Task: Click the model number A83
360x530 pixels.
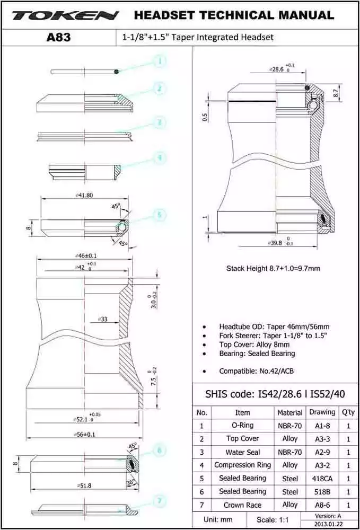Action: click(x=59, y=37)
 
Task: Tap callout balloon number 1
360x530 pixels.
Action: click(x=159, y=61)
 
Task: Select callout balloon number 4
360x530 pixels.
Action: click(x=159, y=157)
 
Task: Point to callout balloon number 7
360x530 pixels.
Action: click(x=159, y=500)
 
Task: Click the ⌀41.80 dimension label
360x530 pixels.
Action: click(x=84, y=195)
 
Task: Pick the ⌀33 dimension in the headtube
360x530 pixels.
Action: click(x=103, y=319)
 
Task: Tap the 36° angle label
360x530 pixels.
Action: click(x=130, y=483)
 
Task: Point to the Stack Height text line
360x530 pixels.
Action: click(x=273, y=268)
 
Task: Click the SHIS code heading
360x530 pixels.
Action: click(x=276, y=394)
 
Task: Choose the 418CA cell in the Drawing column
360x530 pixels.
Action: click(x=322, y=478)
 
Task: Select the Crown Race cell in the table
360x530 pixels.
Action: click(x=242, y=505)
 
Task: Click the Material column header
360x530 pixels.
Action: click(x=290, y=412)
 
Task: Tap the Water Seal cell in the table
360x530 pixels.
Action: click(x=242, y=452)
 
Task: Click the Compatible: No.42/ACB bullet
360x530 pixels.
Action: click(x=256, y=371)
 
